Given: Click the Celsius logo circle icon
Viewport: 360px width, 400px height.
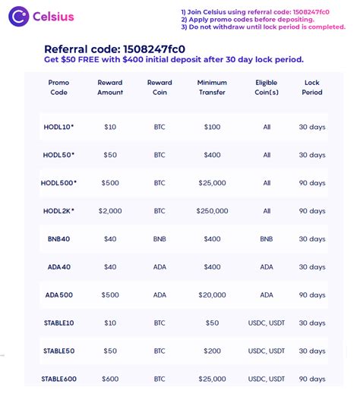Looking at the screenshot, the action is click(x=19, y=17).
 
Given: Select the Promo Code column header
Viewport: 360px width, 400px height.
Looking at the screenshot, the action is click(x=58, y=87).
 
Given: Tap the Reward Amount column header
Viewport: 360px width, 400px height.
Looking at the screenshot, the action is click(x=110, y=87).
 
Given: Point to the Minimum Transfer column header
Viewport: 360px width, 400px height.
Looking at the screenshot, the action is click(x=212, y=87).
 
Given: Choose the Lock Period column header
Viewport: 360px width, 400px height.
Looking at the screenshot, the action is click(x=311, y=87).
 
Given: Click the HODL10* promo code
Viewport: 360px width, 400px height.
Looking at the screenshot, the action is click(x=59, y=127).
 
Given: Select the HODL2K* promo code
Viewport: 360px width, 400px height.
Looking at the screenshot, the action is click(x=59, y=211).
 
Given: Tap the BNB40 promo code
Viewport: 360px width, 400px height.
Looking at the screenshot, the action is click(x=58, y=239).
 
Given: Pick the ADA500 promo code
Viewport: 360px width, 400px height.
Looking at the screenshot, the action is click(x=58, y=295).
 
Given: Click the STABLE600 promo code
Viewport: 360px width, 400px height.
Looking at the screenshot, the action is click(x=58, y=379).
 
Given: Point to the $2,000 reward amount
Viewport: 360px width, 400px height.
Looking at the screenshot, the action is click(x=110, y=211).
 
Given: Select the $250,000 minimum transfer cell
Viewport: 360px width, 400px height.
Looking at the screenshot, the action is click(x=212, y=211).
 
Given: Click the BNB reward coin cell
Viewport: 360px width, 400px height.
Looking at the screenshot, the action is click(x=159, y=239).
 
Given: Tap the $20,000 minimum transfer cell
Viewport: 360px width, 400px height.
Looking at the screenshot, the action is click(x=212, y=295).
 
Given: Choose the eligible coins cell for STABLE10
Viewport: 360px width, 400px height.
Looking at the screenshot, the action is click(x=267, y=323).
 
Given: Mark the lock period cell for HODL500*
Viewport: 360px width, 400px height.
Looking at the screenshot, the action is click(x=311, y=183).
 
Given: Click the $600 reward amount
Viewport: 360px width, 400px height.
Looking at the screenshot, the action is click(x=110, y=379).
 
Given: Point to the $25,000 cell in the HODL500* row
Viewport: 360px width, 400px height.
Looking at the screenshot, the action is click(x=212, y=183).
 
